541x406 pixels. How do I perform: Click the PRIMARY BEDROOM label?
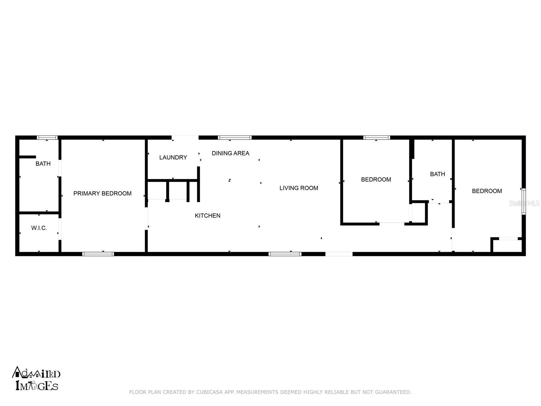click(102, 194)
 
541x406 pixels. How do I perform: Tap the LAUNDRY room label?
click(173, 157)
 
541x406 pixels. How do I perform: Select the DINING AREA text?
click(230, 153)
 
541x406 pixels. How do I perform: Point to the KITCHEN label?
click(208, 216)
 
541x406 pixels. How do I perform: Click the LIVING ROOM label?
click(299, 188)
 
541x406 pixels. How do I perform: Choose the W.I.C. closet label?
click(39, 228)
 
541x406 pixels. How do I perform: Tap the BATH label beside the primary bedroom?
click(43, 164)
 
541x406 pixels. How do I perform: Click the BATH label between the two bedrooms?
click(437, 174)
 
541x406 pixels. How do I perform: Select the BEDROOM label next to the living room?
click(376, 180)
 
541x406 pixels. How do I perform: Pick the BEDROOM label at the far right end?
click(487, 191)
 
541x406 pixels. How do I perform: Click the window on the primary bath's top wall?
click(47, 138)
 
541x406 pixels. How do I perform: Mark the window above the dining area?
click(235, 138)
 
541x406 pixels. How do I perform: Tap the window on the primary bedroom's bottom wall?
click(98, 254)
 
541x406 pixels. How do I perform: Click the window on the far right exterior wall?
click(523, 202)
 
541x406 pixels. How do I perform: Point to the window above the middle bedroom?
click(377, 138)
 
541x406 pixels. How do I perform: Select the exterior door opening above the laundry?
click(185, 137)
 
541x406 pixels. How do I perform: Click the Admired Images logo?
click(36, 379)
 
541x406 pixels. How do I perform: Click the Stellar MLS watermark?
click(524, 203)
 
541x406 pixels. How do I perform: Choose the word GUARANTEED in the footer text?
click(393, 392)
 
